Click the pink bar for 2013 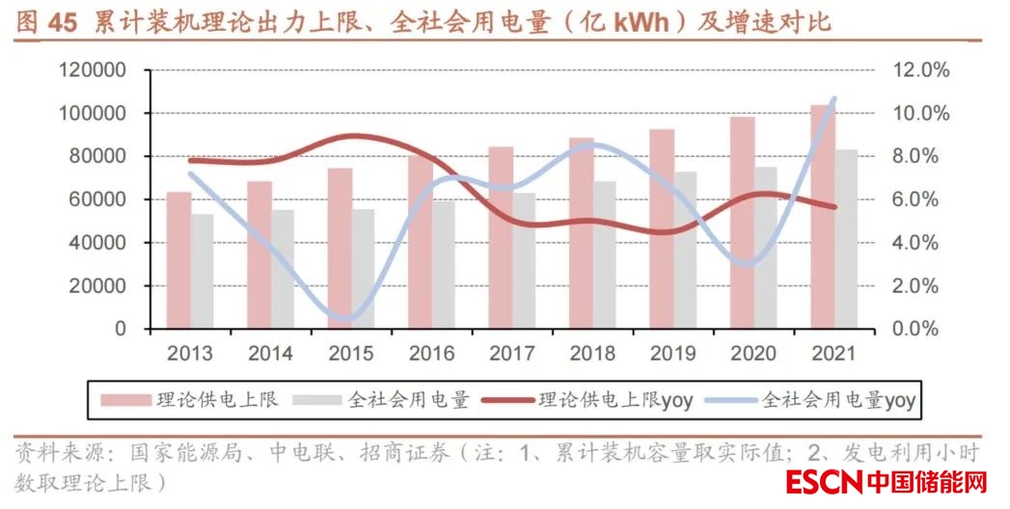tap(178, 260)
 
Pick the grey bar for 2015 tap(363, 269)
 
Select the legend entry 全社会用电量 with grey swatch tap(383, 398)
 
